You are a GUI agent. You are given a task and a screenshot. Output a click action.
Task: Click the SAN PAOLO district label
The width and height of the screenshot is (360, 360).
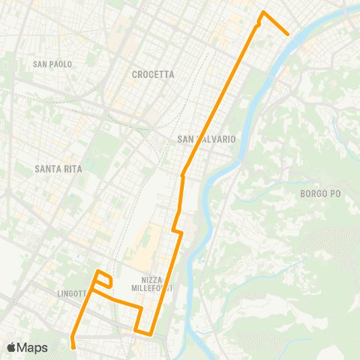[52, 64]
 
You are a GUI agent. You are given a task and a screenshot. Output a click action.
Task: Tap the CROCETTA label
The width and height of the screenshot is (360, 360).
[152, 74]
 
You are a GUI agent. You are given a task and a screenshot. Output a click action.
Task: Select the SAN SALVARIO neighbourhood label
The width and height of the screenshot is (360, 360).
[207, 139]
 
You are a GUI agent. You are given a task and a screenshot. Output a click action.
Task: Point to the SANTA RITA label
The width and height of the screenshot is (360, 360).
[58, 169]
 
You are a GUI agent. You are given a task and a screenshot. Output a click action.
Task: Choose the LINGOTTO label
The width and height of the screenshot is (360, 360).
[75, 293]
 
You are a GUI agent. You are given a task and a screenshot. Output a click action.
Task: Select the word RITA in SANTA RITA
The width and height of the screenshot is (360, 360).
[72, 169]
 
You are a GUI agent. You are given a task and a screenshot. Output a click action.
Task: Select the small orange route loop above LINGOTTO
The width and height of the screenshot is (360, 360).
[103, 279]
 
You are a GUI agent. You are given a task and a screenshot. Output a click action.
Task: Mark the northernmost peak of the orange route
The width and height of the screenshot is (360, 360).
[262, 12]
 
